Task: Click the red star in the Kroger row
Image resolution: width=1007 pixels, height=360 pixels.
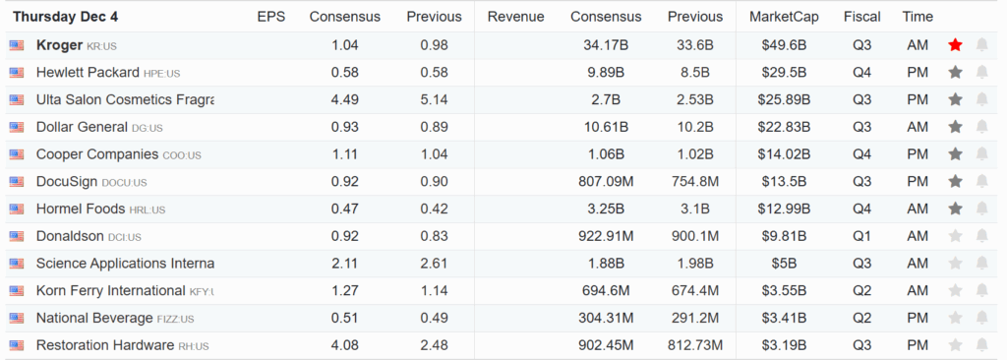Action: tap(955, 45)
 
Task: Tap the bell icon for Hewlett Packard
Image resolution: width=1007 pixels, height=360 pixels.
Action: tap(981, 73)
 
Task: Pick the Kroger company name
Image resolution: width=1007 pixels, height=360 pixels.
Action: tap(59, 45)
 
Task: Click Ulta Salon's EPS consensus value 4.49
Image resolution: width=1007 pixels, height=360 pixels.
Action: tap(345, 99)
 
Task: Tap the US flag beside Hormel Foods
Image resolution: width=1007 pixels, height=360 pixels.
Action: tap(17, 210)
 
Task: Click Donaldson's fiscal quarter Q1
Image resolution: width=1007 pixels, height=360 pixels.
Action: tap(862, 236)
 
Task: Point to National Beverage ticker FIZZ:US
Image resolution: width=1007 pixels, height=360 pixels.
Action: tap(175, 319)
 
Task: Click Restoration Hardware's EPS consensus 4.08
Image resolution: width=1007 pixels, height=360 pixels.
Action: tap(345, 345)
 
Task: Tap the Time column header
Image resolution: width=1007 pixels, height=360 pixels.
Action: tap(918, 18)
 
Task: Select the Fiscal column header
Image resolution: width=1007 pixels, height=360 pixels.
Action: tap(862, 18)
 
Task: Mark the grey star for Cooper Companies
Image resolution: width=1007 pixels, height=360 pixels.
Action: tap(955, 154)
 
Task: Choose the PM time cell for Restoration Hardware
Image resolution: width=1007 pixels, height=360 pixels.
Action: tap(918, 345)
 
